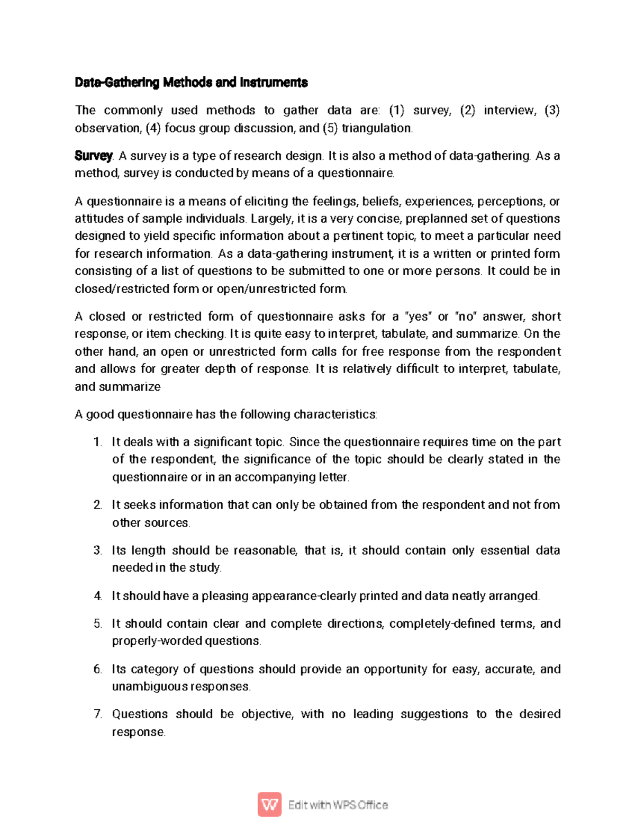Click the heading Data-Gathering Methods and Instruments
[x=191, y=83]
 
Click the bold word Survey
[x=93, y=156]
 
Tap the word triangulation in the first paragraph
[x=377, y=128]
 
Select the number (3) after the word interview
[x=552, y=110]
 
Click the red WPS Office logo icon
[x=269, y=805]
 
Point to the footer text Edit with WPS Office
[x=338, y=805]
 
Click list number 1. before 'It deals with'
[x=97, y=442]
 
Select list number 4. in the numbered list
[x=97, y=596]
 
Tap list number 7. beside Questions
[x=97, y=714]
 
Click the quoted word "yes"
[x=418, y=317]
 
